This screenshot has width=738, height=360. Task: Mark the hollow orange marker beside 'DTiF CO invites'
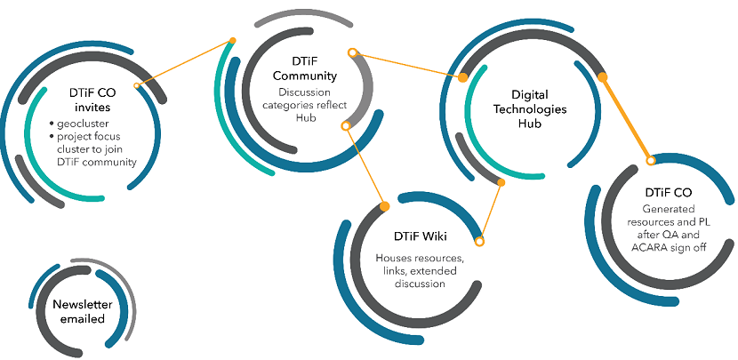[137, 86]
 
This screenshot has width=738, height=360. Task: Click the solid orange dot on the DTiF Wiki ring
[384, 206]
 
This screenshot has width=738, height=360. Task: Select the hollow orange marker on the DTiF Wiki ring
[479, 240]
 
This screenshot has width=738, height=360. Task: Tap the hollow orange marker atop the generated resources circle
[651, 160]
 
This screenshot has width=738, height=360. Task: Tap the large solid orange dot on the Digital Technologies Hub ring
[603, 76]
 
